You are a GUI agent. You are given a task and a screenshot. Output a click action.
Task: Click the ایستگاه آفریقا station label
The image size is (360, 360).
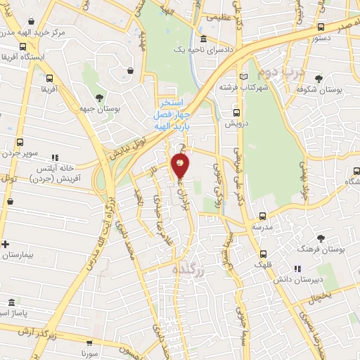(25, 56)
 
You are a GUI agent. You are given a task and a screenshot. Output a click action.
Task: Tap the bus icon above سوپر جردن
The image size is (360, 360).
(20, 141)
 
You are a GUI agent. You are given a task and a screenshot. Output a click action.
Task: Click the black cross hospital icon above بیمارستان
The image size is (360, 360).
(6, 244)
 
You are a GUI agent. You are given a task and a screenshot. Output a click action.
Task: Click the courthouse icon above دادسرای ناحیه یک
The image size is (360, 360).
(203, 39)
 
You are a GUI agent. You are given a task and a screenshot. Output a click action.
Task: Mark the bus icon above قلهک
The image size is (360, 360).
(263, 254)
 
